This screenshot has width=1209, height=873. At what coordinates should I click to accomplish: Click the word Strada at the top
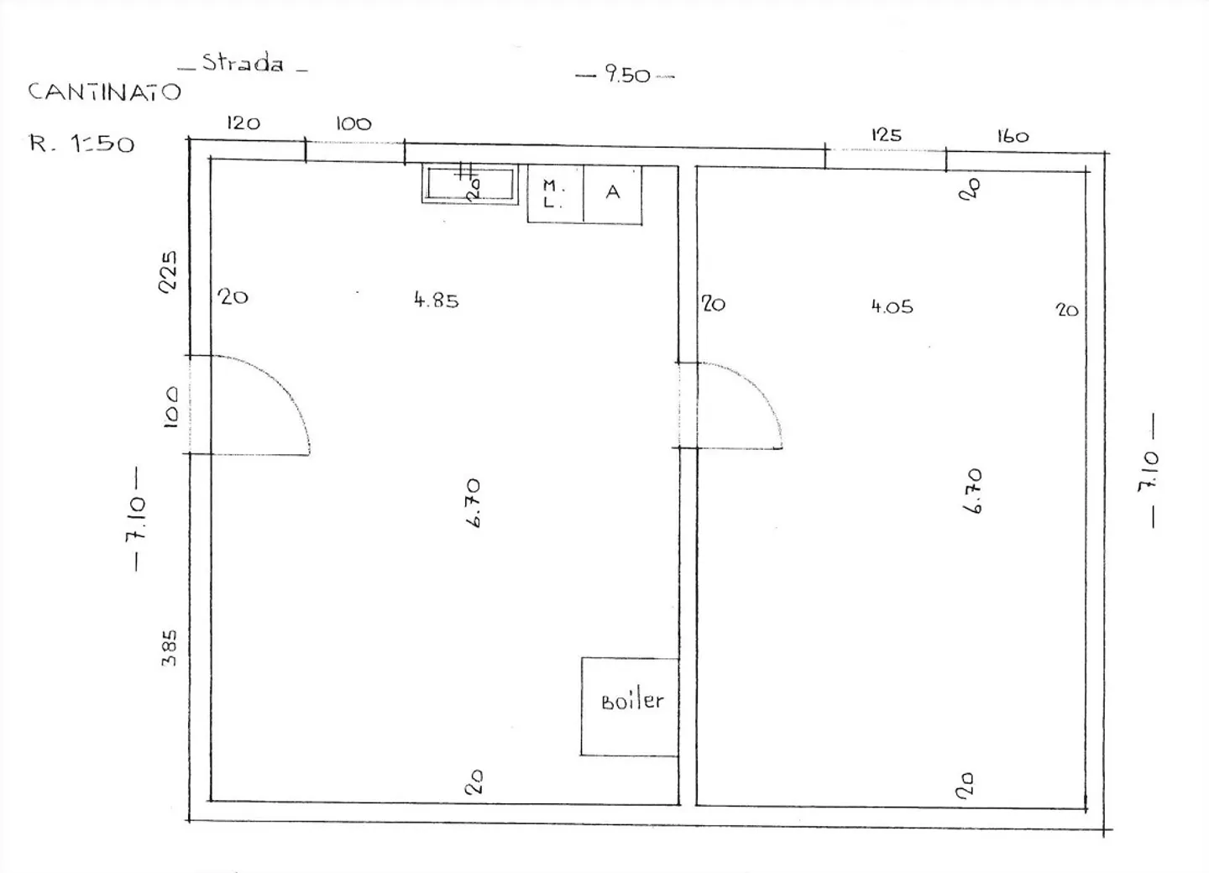(243, 63)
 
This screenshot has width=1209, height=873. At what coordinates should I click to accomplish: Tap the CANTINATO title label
(104, 91)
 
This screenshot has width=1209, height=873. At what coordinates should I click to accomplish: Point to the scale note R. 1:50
(81, 144)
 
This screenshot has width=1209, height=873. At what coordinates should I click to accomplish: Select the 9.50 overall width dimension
(627, 75)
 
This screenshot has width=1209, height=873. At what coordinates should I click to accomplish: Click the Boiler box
(630, 706)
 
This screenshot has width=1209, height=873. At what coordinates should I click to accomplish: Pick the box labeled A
(613, 194)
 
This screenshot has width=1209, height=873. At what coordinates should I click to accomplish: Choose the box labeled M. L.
(556, 194)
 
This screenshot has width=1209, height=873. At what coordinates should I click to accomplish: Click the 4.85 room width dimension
(436, 300)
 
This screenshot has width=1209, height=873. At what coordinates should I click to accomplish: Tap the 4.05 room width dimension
(892, 307)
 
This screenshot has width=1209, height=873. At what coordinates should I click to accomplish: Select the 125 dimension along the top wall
(887, 135)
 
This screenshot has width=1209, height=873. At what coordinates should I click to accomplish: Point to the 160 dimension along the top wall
(1013, 137)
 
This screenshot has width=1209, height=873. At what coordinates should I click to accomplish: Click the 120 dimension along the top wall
(243, 123)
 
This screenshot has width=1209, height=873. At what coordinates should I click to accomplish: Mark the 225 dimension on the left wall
(168, 271)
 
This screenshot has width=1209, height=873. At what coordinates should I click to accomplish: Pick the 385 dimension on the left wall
(169, 648)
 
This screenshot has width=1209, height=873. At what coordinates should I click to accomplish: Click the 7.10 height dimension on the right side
(1149, 471)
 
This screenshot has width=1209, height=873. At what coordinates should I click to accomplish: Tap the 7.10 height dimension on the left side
(135, 519)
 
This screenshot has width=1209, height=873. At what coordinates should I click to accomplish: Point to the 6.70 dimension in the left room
(472, 502)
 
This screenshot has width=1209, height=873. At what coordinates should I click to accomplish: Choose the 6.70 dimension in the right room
(972, 491)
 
